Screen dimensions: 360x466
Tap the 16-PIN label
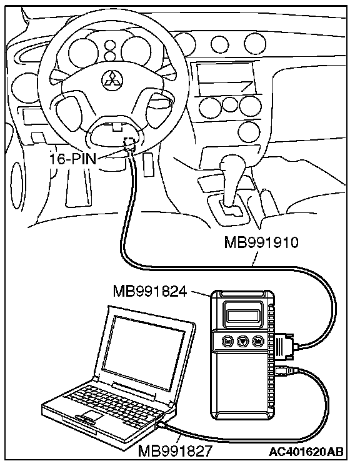click(72, 159)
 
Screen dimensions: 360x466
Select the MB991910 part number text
click(261, 242)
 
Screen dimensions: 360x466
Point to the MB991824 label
click(150, 291)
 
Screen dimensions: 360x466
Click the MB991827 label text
click(175, 450)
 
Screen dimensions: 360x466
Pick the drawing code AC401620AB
click(306, 452)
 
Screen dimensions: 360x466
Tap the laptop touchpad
click(92, 415)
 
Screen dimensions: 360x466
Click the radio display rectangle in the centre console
click(226, 78)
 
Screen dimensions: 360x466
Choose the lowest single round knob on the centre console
click(249, 131)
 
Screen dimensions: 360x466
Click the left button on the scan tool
click(227, 341)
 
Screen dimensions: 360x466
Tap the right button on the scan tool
click(257, 341)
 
